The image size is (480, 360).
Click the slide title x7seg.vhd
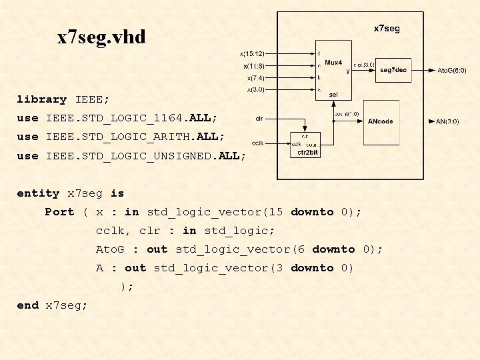click(101, 37)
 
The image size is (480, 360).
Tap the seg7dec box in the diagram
click(393, 69)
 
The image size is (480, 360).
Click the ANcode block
click(381, 121)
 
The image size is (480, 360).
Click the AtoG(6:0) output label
click(451, 70)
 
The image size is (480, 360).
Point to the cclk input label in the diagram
click(259, 143)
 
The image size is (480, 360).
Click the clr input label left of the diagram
click(259, 119)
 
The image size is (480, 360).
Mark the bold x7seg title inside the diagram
click(387, 29)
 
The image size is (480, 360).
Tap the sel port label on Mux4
click(333, 95)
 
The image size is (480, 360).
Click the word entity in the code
click(38, 193)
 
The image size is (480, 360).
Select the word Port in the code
click(59, 212)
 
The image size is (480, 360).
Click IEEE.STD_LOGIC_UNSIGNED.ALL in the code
click(146, 155)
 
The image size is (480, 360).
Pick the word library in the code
click(41, 99)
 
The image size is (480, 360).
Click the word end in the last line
click(27, 305)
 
